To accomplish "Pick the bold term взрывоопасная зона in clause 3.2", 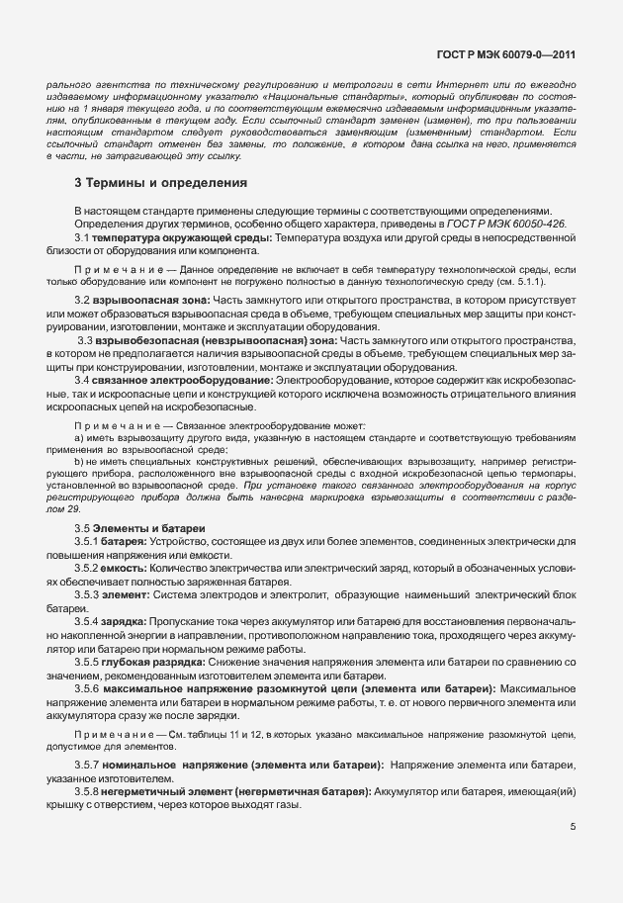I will [x=145, y=300].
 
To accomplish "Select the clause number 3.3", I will [x=84, y=339].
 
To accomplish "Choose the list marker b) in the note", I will [x=79, y=461].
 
